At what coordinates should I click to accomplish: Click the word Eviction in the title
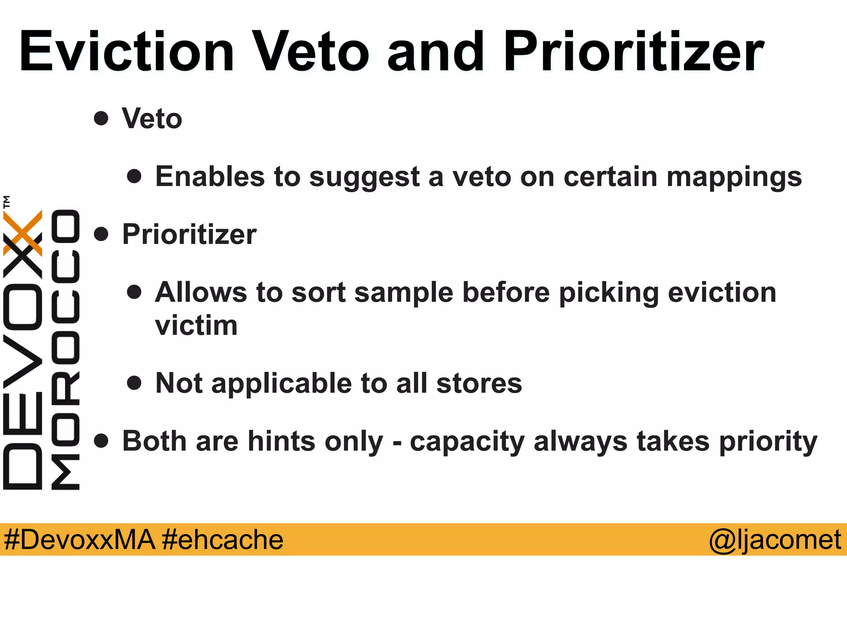pyautogui.click(x=127, y=53)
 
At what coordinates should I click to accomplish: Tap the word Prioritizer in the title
pyautogui.click(x=633, y=53)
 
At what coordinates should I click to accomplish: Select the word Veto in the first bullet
pyautogui.click(x=152, y=119)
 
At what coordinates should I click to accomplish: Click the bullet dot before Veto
pyautogui.click(x=101, y=119)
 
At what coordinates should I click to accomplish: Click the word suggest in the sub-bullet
pyautogui.click(x=364, y=177)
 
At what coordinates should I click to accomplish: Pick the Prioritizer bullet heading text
pyautogui.click(x=189, y=234)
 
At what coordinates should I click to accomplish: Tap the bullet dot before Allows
pyautogui.click(x=134, y=292)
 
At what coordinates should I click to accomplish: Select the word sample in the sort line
pyautogui.click(x=404, y=293)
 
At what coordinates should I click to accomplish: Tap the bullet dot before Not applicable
pyautogui.click(x=134, y=383)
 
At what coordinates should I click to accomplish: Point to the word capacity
pyautogui.click(x=467, y=442)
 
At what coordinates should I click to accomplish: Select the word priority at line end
pyautogui.click(x=768, y=442)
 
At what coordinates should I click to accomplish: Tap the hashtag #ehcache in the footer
pyautogui.click(x=223, y=540)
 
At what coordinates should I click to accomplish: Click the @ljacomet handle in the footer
pyautogui.click(x=775, y=540)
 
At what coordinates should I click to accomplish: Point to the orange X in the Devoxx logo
pyautogui.click(x=23, y=232)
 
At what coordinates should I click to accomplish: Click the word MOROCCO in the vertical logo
pyautogui.click(x=65, y=349)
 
